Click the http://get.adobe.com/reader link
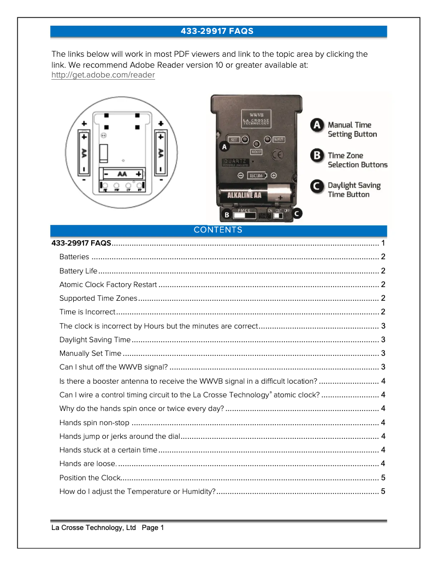(x=103, y=75)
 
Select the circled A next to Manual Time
(x=317, y=125)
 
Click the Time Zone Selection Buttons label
(x=357, y=160)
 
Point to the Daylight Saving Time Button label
(x=353, y=190)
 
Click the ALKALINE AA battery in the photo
(x=256, y=195)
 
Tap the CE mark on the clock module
(x=277, y=154)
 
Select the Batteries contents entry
(x=74, y=257)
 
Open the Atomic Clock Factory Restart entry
(x=108, y=285)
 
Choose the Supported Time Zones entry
(x=98, y=299)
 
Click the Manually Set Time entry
(x=90, y=354)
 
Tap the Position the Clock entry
(x=89, y=478)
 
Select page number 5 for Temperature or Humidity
(x=383, y=491)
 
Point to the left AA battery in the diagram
(x=85, y=151)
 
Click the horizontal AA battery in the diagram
(x=123, y=174)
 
